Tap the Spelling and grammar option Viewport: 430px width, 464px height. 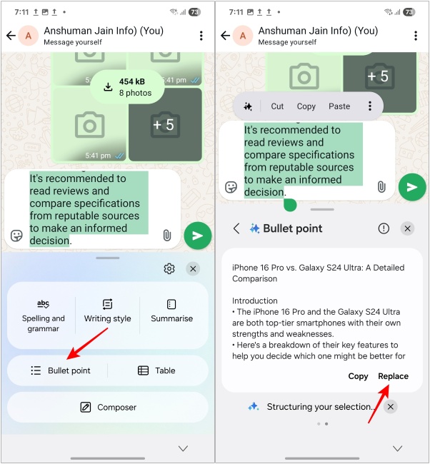coord(43,315)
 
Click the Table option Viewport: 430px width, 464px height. coord(156,370)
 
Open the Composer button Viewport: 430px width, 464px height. coord(107,407)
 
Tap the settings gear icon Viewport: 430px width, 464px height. coord(169,268)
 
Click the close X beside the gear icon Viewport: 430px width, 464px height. coord(193,268)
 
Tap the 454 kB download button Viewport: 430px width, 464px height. coord(126,86)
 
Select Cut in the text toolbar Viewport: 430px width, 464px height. coord(277,106)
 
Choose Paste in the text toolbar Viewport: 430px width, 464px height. coord(339,106)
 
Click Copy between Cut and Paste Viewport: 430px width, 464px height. coord(306,106)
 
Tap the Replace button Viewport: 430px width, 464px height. coord(393,376)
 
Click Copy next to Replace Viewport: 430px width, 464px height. coord(358,376)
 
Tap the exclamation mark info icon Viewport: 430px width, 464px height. coord(384,228)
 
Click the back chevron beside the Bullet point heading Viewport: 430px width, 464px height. coord(236,228)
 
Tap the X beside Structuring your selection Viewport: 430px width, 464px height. coord(390,406)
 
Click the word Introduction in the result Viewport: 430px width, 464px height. coord(255,301)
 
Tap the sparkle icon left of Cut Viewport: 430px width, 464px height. coord(248,106)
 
